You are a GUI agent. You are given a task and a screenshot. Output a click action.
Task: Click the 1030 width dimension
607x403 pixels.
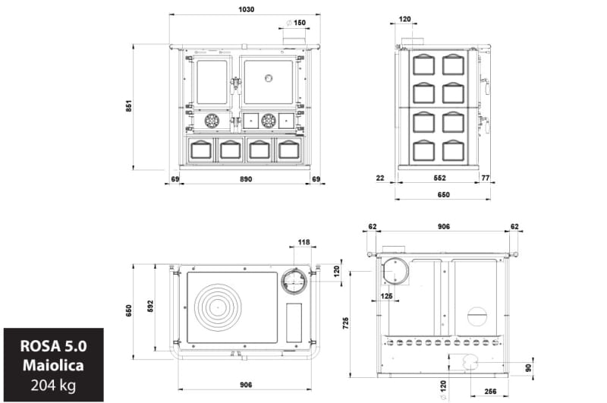(246, 9)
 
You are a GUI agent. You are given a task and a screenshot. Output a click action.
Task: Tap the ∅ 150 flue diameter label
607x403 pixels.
(296, 23)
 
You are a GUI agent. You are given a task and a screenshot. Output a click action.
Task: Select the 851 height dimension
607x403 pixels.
(129, 106)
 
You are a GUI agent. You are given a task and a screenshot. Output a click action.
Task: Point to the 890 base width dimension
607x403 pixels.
(246, 179)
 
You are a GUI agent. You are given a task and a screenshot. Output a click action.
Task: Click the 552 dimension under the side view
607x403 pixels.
(440, 178)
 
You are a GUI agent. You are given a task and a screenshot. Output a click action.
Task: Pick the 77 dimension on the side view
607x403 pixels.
(486, 178)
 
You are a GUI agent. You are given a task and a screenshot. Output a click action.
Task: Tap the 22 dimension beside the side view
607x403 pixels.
(380, 178)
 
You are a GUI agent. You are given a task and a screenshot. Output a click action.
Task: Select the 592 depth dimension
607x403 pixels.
(150, 306)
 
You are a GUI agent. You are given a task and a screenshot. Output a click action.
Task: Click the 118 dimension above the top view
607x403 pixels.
(304, 242)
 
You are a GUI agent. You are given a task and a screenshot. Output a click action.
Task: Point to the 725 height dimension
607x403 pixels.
(346, 323)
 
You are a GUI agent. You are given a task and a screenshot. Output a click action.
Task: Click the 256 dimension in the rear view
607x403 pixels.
(490, 392)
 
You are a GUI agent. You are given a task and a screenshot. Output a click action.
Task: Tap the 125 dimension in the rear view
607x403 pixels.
(386, 296)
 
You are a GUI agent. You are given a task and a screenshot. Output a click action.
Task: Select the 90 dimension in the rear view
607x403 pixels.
(529, 368)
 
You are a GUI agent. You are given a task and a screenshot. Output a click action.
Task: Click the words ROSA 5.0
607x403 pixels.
(53, 346)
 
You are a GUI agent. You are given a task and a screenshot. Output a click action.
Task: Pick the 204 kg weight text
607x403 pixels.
(53, 386)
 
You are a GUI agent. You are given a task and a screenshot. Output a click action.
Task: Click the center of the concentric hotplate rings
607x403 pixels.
(218, 307)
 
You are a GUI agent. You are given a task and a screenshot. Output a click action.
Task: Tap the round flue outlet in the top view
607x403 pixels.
(295, 281)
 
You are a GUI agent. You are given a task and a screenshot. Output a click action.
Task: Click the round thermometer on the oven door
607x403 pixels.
(269, 78)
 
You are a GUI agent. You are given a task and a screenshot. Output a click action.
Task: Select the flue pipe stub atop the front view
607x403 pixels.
(294, 41)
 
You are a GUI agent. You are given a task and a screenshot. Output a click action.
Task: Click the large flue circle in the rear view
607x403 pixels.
(395, 272)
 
